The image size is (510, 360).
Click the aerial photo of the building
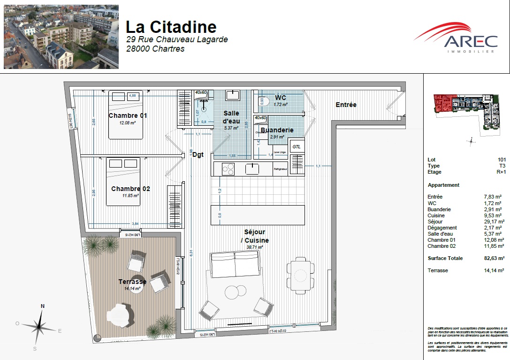(x=61, y=37)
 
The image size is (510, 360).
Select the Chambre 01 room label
(x=128, y=115)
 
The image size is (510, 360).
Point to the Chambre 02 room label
(x=130, y=189)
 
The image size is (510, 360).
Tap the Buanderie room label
(x=277, y=130)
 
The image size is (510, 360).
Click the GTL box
(x=296, y=146)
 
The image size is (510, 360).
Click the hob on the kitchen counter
(x=228, y=169)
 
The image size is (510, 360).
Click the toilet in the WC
(x=261, y=101)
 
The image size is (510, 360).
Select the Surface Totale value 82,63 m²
(x=495, y=258)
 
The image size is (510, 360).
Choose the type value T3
(x=502, y=166)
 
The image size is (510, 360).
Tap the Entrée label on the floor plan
(x=346, y=105)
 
